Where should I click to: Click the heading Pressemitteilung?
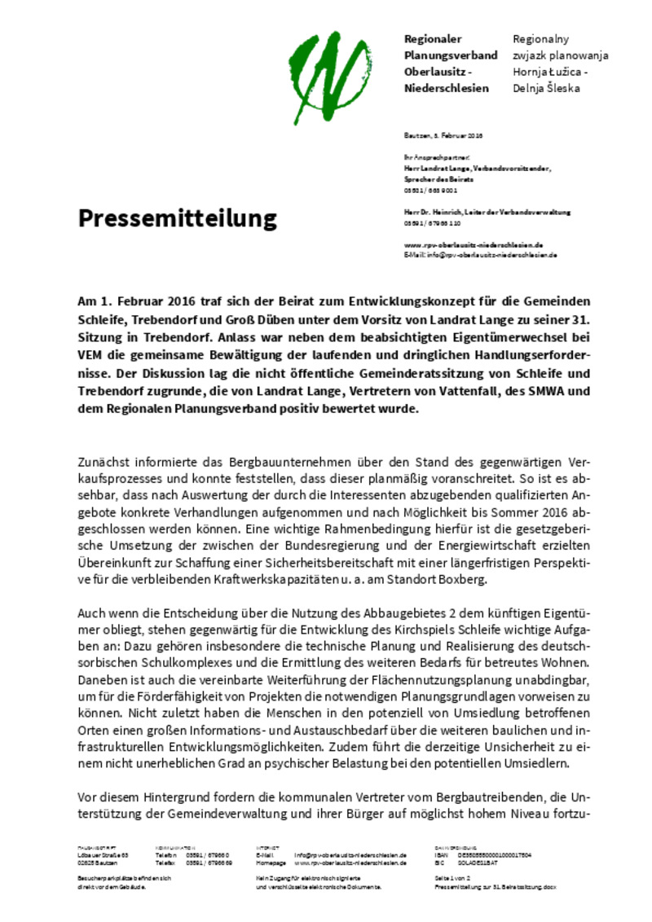coord(177,218)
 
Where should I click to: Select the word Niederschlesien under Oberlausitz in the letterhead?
coord(447,88)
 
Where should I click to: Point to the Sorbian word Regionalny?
coord(540,39)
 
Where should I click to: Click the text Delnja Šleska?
coord(546,88)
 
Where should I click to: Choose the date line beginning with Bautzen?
coord(443,135)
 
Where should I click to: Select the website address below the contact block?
coord(474,244)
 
